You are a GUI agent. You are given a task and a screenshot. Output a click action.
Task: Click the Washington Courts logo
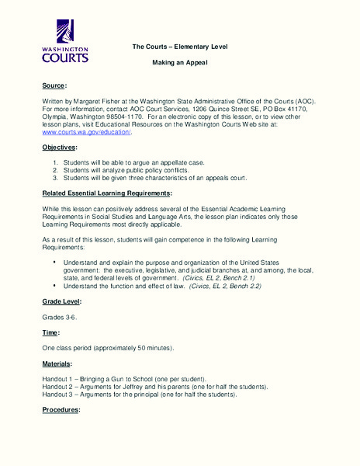64,43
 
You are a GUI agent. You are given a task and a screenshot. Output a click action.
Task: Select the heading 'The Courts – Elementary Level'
180,47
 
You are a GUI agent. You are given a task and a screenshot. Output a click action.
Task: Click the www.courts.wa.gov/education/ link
87,132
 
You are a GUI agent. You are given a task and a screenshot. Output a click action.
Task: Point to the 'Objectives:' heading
61,147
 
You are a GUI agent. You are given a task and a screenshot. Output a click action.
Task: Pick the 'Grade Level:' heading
63,301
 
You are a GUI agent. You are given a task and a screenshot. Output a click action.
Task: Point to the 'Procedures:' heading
62,409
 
